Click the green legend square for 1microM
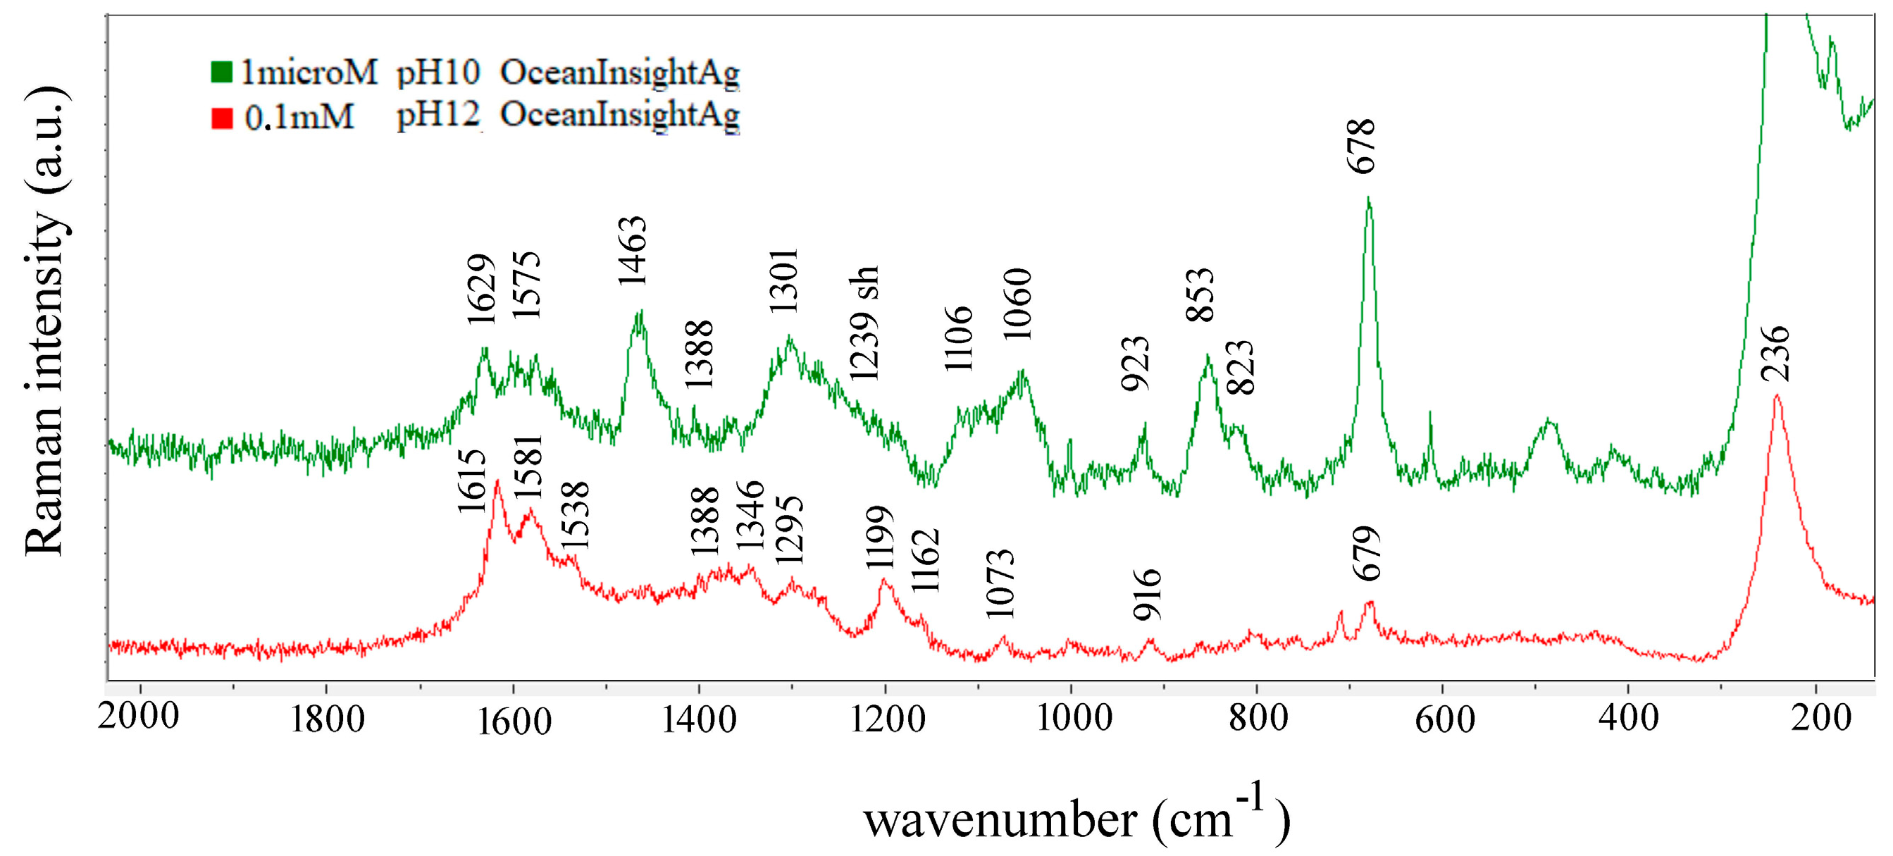coord(221,71)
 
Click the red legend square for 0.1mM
coord(222,118)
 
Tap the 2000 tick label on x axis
coord(138,716)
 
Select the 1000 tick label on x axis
coord(1074,717)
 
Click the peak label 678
coord(1362,147)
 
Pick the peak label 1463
coord(632,251)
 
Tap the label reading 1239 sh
coord(864,323)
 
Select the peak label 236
coord(1776,354)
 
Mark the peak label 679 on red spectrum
coord(1367,553)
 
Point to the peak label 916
coord(1147,595)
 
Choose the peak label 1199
coord(880,537)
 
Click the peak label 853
coord(1200,294)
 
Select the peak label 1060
coord(1019,304)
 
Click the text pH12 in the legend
coord(438,116)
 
